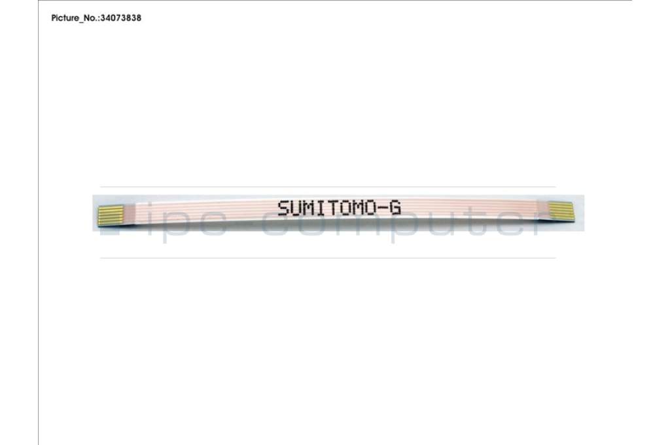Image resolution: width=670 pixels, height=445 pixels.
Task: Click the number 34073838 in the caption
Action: (x=120, y=18)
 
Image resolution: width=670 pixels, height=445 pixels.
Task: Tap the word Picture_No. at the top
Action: (x=75, y=18)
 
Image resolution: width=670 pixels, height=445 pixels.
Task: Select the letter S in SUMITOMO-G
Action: (x=284, y=208)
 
